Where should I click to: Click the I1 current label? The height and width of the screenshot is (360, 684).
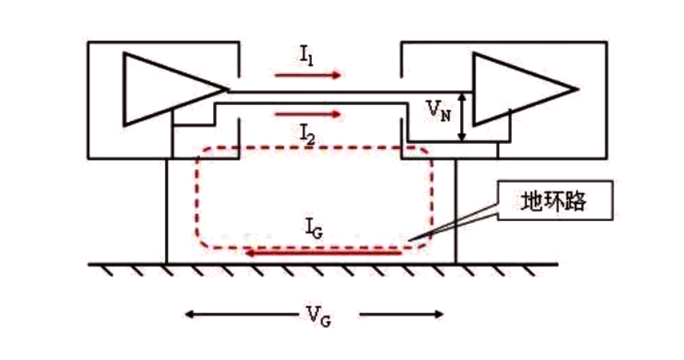click(305, 55)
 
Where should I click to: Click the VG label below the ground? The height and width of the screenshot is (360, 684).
click(315, 315)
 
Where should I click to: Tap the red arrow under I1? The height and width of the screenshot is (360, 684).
click(307, 74)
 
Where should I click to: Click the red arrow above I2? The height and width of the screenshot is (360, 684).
click(307, 114)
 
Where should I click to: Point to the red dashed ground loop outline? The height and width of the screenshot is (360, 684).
click(197, 202)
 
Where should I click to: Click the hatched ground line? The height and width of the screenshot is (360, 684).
click(324, 264)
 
